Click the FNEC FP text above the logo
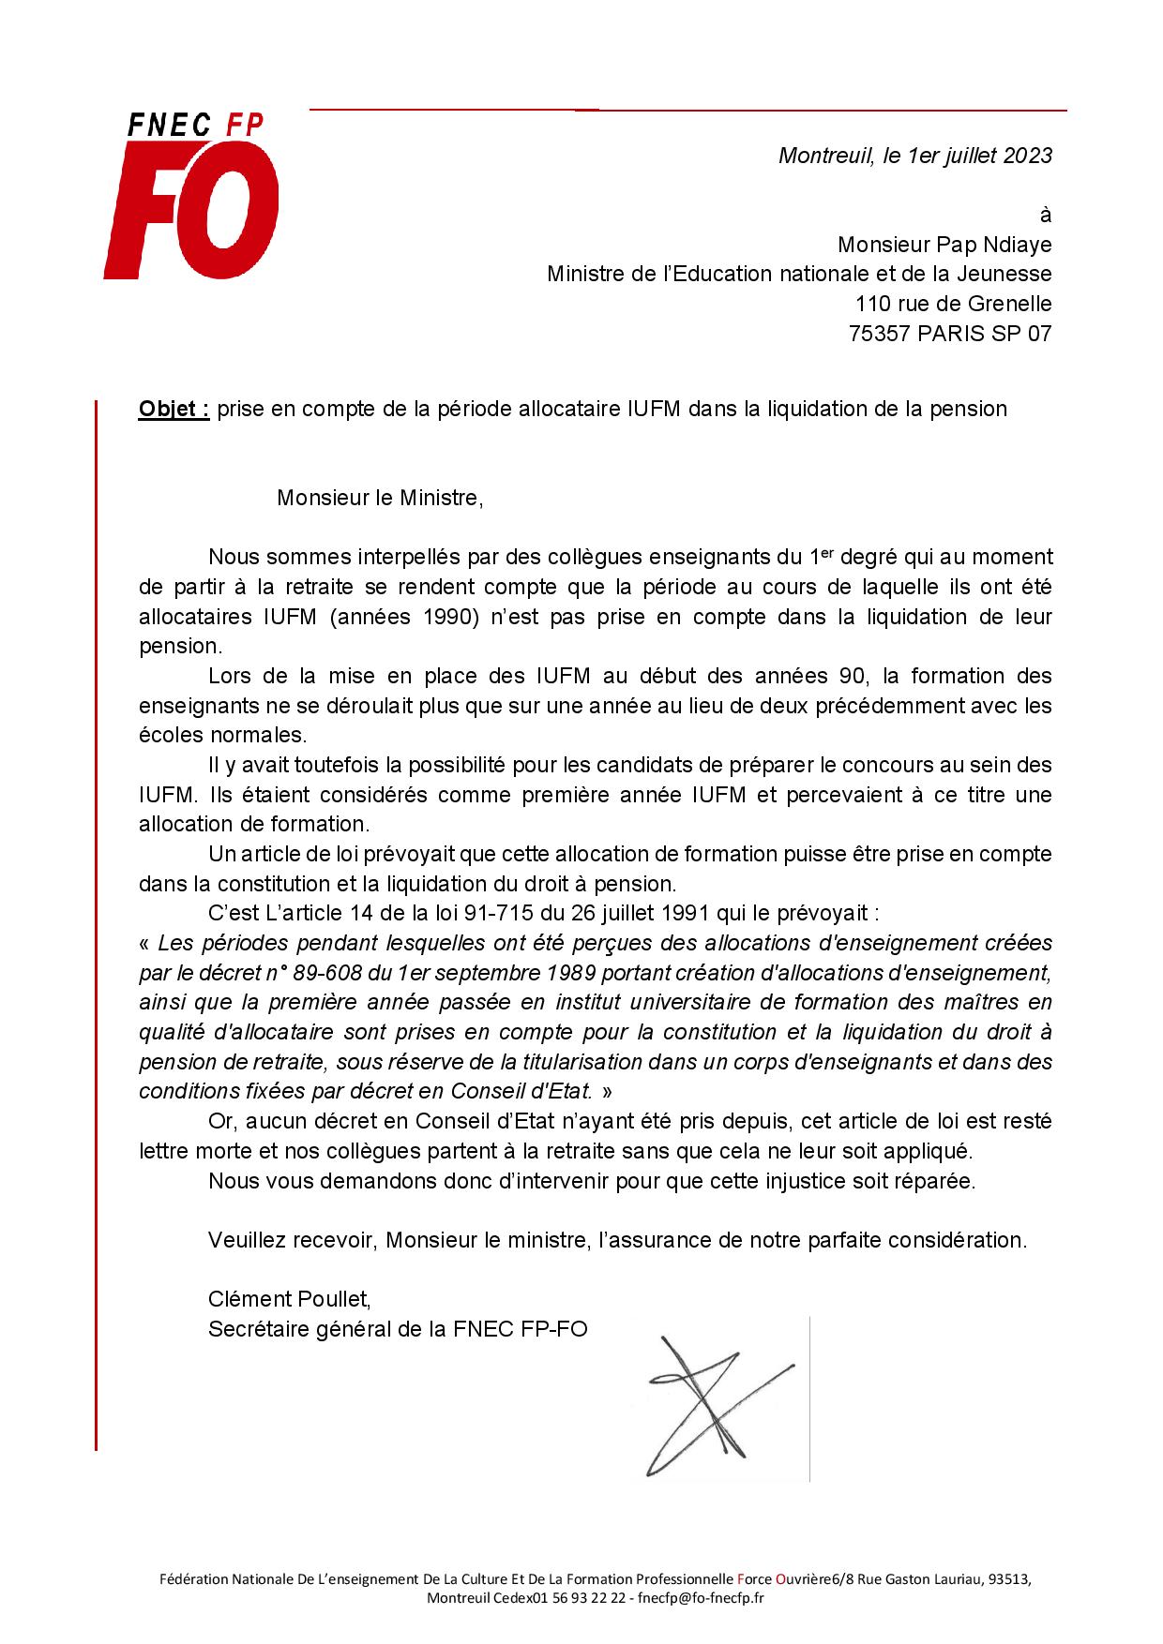point(195,125)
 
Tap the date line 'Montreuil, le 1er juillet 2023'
point(915,156)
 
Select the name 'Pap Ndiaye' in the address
point(995,245)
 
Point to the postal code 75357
point(880,334)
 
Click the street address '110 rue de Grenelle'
point(953,304)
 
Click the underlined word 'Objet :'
point(174,409)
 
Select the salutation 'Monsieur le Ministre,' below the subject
point(380,498)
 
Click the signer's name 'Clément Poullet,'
point(290,1299)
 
